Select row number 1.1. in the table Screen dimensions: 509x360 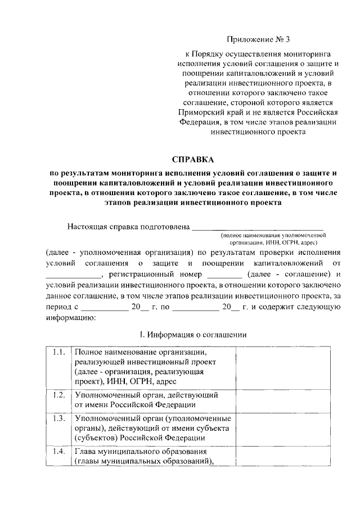57,352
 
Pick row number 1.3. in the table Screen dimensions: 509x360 57,420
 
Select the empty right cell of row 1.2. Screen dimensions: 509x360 278,399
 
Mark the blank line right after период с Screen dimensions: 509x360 104,309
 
